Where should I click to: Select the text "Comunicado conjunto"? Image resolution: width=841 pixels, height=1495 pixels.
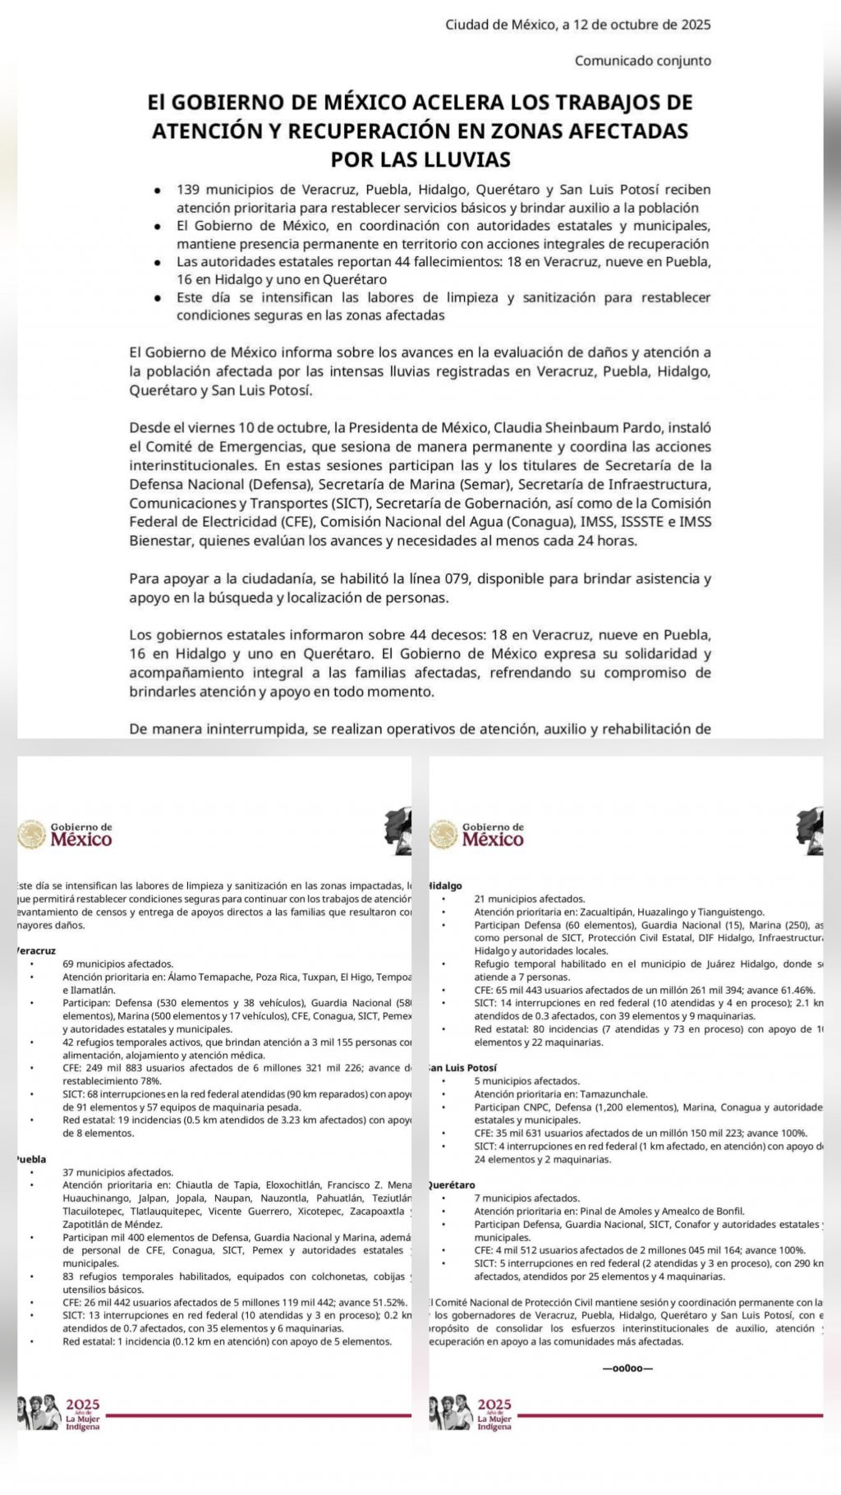click(642, 61)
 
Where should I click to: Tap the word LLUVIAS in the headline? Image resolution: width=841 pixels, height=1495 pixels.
click(465, 159)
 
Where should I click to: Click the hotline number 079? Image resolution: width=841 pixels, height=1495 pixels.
click(457, 578)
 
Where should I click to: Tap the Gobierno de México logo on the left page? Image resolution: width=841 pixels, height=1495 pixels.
click(66, 834)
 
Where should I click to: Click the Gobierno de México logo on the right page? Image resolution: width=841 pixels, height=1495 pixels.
click(477, 834)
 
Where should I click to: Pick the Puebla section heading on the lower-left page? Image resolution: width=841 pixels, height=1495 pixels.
click(31, 1159)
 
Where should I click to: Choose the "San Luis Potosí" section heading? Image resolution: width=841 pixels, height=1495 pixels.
click(463, 1068)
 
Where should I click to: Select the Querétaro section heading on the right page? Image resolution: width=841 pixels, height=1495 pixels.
click(453, 1185)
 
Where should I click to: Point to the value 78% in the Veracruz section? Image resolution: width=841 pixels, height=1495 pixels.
click(151, 1081)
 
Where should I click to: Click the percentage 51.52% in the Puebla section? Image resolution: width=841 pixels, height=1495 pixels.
click(388, 1303)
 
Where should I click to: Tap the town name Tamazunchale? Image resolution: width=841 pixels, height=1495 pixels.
click(614, 1094)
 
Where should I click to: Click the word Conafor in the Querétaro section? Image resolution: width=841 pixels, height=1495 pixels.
click(724, 1225)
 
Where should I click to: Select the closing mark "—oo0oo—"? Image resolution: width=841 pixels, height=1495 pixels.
click(628, 1368)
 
